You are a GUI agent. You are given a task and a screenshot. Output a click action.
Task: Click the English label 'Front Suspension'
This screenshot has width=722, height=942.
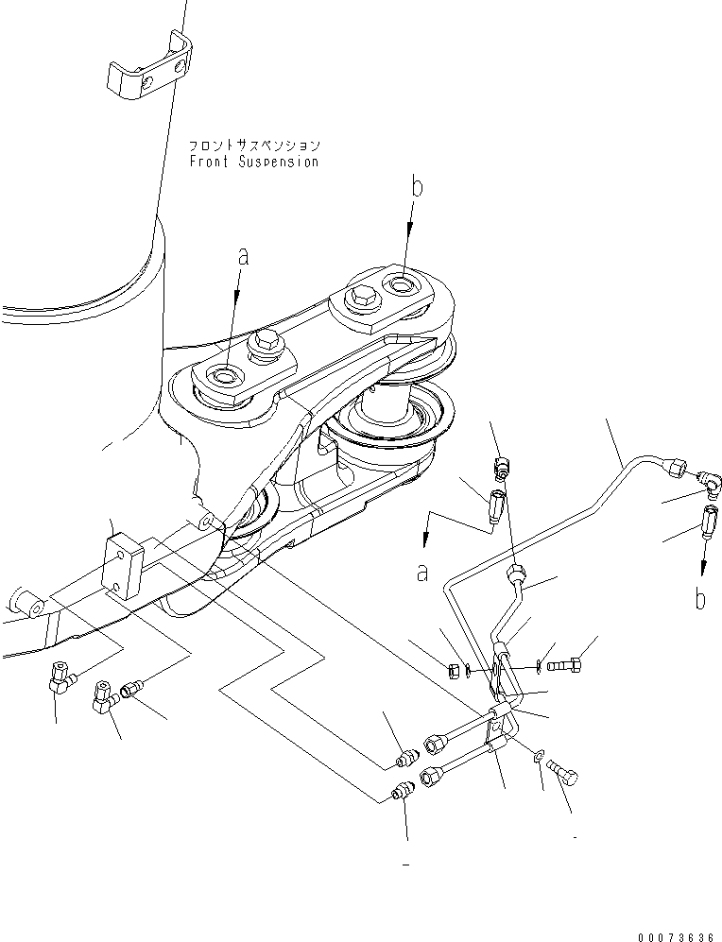(x=253, y=162)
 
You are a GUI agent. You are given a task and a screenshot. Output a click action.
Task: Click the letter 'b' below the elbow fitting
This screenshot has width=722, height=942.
(x=699, y=599)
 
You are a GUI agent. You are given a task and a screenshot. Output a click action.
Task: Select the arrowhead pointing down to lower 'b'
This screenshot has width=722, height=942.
(x=702, y=570)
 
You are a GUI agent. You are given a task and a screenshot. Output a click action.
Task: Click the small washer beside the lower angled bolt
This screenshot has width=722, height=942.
(x=539, y=755)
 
